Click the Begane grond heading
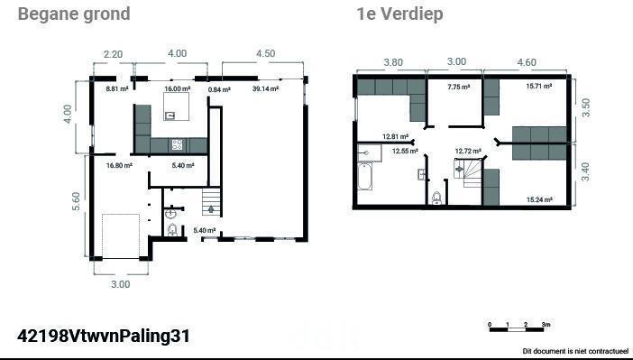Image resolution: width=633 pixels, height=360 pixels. tap(74, 14)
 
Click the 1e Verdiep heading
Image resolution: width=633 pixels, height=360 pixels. tap(399, 14)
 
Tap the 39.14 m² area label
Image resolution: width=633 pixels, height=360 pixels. tap(265, 88)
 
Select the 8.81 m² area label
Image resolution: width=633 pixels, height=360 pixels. tap(117, 88)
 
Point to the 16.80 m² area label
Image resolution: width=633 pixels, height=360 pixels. tap(119, 165)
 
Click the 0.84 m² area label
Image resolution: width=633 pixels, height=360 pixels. tap(219, 89)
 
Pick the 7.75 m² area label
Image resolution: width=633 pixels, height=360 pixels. tap(459, 87)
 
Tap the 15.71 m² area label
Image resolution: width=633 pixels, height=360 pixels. tap(539, 86)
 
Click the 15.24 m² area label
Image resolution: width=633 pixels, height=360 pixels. tap(539, 199)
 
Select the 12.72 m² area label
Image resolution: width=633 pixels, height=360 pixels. tap(468, 151)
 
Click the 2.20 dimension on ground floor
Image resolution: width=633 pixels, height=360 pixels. tap(113, 54)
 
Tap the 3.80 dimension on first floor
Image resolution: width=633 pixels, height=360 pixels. tap(393, 62)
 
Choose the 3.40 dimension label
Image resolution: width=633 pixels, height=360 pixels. tap(585, 171)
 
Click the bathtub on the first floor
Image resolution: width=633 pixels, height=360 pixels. tap(364, 176)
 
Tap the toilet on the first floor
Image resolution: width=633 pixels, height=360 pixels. tap(436, 198)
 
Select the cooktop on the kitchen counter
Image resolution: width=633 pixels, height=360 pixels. tap(178, 144)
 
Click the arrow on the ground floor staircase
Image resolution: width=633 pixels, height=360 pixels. tap(211, 209)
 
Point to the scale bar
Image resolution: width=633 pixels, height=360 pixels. tap(517, 329)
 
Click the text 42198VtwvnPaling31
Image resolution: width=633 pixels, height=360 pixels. tap(104, 337)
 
